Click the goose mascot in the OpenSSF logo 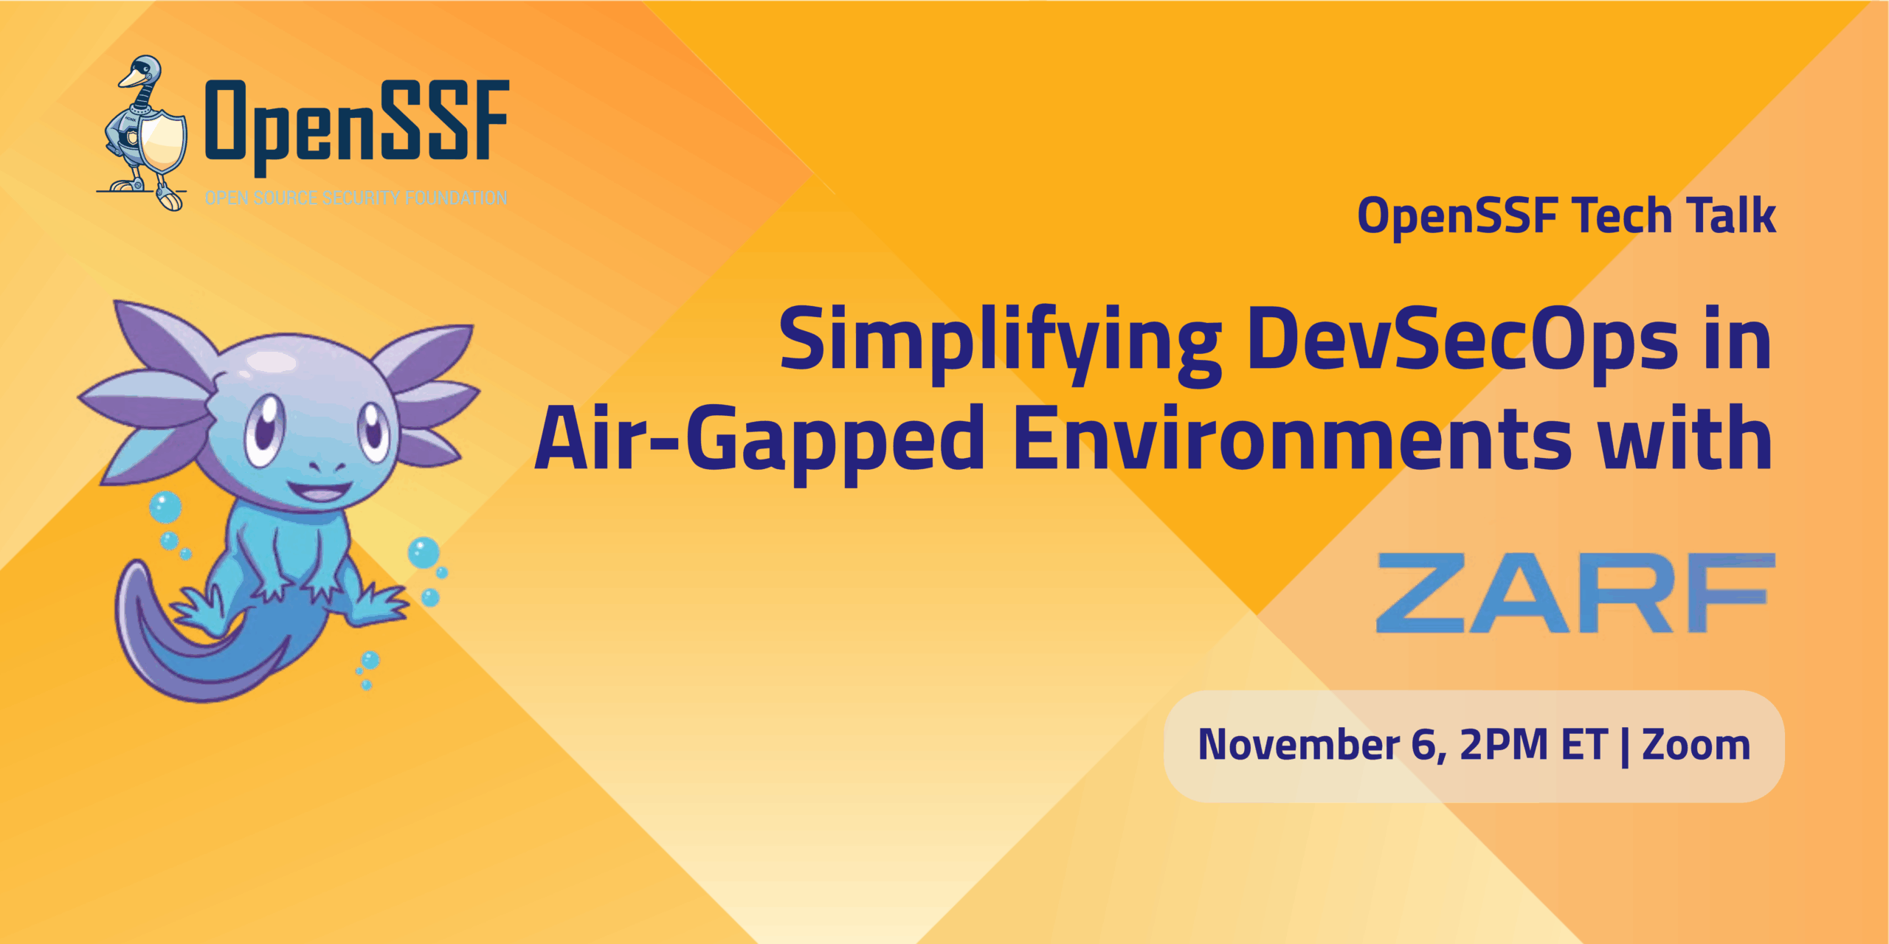coord(144,133)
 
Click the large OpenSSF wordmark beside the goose coord(357,122)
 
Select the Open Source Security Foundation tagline coord(356,198)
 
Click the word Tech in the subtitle coord(1621,216)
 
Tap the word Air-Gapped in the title coord(760,441)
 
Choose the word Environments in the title coord(1292,441)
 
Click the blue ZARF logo coord(1575,593)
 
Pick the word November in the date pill coord(1299,745)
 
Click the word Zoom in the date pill coord(1696,745)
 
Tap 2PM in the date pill coord(1503,745)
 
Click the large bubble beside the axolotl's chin coord(165,507)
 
